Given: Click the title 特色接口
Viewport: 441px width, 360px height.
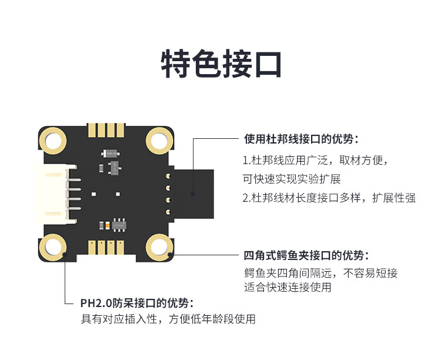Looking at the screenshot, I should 221,64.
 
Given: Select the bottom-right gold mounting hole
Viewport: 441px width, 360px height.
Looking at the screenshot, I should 158,246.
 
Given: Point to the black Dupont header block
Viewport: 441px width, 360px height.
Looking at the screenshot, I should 192,192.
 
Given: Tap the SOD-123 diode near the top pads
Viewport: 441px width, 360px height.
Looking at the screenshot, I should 109,152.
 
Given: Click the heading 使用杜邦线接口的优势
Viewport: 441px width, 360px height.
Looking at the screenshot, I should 301,139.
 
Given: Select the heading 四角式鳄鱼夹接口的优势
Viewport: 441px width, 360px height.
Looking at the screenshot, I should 306,256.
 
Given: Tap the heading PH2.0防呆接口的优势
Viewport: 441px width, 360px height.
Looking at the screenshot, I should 137,304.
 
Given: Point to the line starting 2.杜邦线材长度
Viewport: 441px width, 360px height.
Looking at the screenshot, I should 329,198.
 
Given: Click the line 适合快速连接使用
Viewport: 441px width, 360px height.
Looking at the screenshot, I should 288,288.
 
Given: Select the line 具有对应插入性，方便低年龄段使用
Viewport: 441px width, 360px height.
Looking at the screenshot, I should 168,319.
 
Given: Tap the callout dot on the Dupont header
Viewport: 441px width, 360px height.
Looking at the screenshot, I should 193,192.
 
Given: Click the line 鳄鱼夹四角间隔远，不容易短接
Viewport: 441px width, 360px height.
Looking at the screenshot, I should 320,273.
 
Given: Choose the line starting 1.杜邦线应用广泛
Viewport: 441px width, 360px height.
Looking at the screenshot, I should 315,160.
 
